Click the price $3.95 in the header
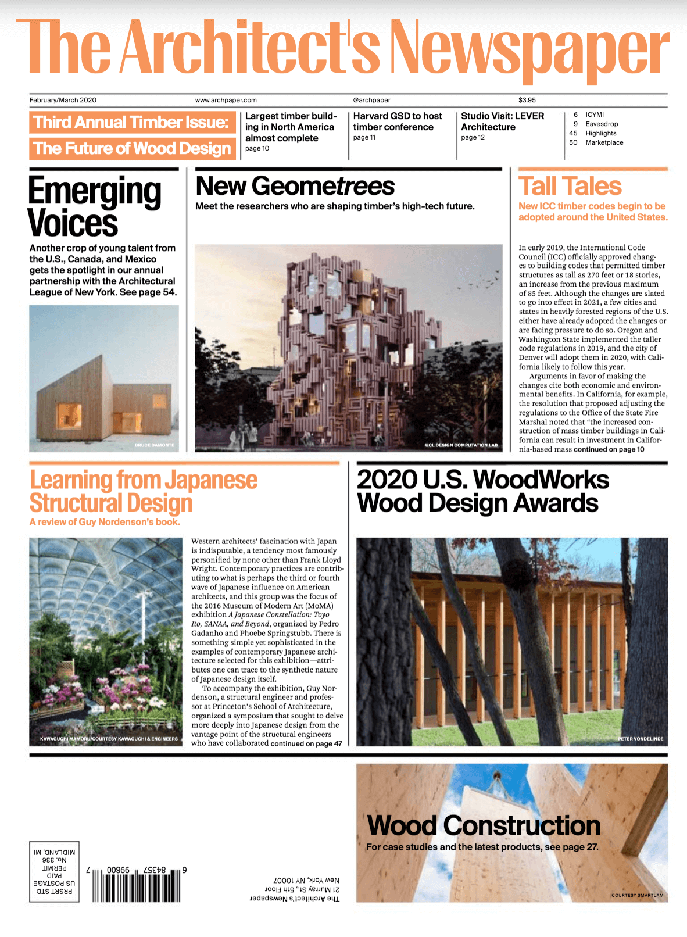tap(527, 100)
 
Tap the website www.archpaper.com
tap(226, 100)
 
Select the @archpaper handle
tap(371, 100)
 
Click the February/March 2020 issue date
tap(63, 100)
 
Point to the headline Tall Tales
tap(570, 187)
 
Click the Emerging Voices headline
tap(94, 207)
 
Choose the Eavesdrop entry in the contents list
tap(602, 124)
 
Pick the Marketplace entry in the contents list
tap(604, 142)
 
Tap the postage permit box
tap(54, 871)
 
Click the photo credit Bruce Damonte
tap(154, 445)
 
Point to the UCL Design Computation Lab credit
tap(461, 445)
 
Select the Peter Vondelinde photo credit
tap(640, 739)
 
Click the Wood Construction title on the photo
tap(484, 825)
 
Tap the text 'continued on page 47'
tap(306, 743)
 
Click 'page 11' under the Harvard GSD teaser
tap(364, 138)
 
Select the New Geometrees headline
tap(295, 187)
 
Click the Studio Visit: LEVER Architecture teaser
tap(502, 121)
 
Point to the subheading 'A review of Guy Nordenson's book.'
tap(105, 522)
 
